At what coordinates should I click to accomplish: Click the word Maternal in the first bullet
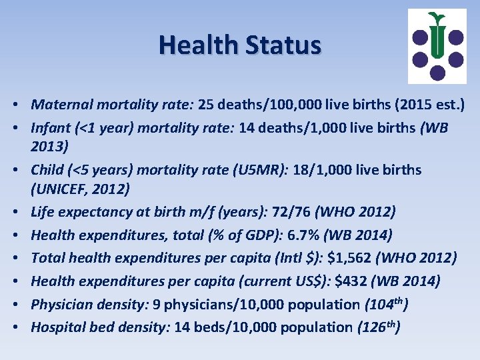pyautogui.click(x=59, y=105)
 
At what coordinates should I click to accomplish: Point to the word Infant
pyautogui.click(x=50, y=127)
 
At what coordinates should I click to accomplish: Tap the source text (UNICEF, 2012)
pyautogui.click(x=81, y=189)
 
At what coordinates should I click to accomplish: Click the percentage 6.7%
pyautogui.click(x=285, y=235)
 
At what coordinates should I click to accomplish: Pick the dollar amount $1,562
pyautogui.click(x=346, y=257)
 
